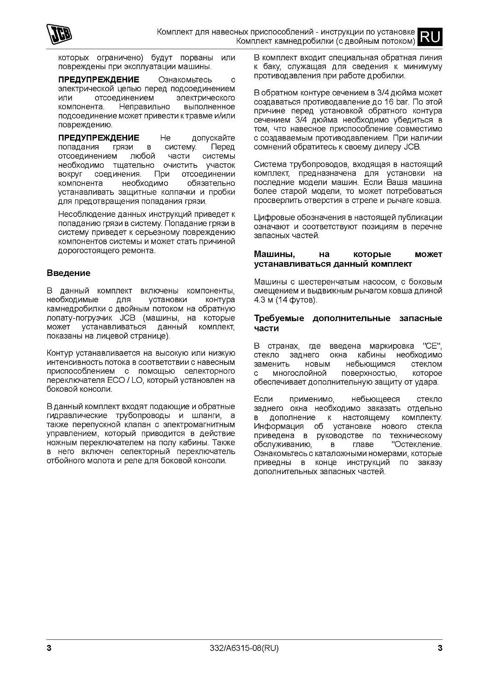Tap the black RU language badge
pyautogui.click(x=430, y=36)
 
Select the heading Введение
pyautogui.click(x=69, y=273)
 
